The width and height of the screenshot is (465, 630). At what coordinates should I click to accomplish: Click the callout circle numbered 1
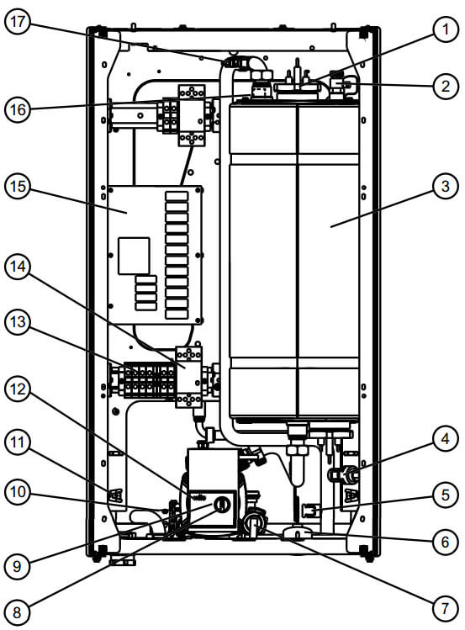[443, 31]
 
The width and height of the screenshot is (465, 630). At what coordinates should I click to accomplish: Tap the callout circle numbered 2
[443, 86]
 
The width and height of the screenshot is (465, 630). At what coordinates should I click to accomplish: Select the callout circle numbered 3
[443, 187]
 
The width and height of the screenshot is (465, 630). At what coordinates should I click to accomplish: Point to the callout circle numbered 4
[443, 438]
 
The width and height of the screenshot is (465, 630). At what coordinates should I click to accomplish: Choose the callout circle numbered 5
[443, 495]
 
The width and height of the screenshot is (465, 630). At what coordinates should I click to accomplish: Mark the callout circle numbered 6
[443, 543]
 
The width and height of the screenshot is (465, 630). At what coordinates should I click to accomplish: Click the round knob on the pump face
[222, 505]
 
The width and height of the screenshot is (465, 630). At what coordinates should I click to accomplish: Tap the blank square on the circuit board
[134, 256]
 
